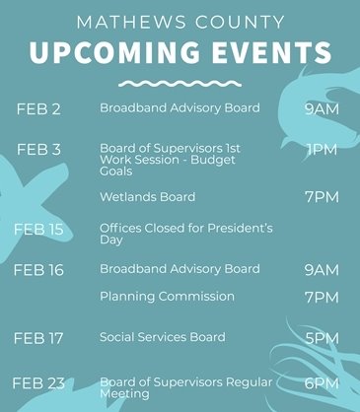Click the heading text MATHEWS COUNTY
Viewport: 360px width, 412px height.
pyautogui.click(x=180, y=21)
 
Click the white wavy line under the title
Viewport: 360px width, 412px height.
pyautogui.click(x=180, y=84)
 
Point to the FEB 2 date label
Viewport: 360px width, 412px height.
pyautogui.click(x=38, y=108)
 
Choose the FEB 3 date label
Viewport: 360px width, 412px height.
pyautogui.click(x=38, y=150)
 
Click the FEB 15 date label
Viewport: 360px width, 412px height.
pyautogui.click(x=38, y=229)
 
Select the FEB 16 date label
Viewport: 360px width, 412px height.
pyautogui.click(x=38, y=270)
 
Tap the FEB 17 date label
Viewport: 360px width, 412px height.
pyautogui.click(x=38, y=338)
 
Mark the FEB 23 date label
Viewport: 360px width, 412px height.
pyautogui.click(x=38, y=383)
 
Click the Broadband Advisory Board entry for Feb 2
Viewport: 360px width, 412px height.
pyautogui.click(x=180, y=107)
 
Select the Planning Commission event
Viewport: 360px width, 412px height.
pyautogui.click(x=167, y=297)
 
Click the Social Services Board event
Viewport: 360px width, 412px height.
pyautogui.click(x=162, y=337)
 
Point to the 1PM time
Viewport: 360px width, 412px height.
pyautogui.click(x=322, y=150)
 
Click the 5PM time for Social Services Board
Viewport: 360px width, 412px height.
pyautogui.click(x=322, y=338)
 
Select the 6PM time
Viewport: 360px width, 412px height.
pyautogui.click(x=322, y=383)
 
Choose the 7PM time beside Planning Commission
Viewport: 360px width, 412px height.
pyautogui.click(x=322, y=298)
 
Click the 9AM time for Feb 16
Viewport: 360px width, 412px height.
pyautogui.click(x=322, y=270)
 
